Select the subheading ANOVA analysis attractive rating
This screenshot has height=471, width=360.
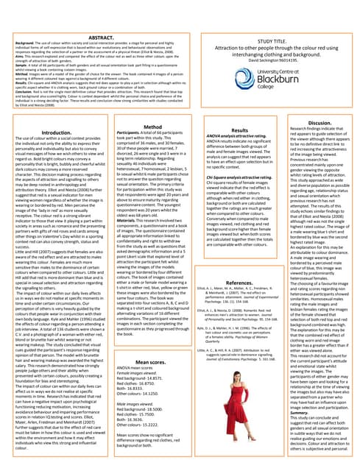pyautogui.click(x=236, y=137)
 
